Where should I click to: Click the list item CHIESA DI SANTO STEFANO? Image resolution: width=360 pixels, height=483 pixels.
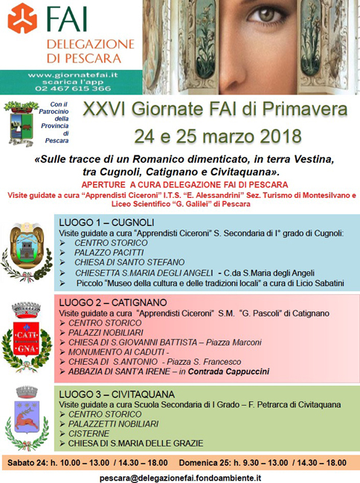coord(118,262)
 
